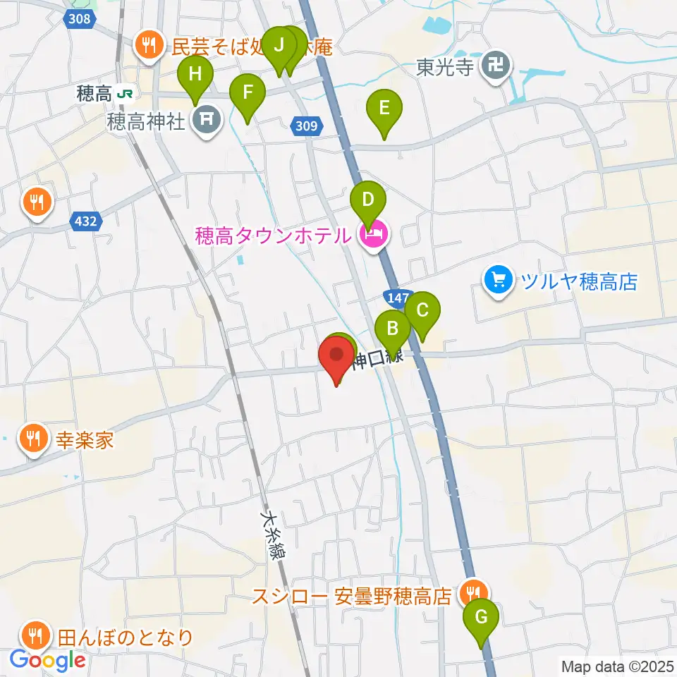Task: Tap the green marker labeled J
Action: [279, 47]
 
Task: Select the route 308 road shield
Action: [80, 18]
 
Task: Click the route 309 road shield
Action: [306, 126]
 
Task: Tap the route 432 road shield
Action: [85, 221]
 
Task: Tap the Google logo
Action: [47, 660]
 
